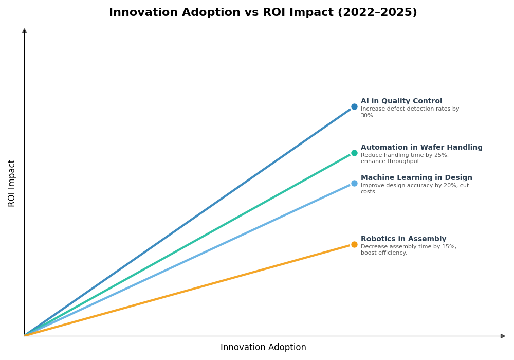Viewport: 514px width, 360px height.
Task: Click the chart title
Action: [263, 13]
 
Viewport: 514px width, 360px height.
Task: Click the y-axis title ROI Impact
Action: [12, 183]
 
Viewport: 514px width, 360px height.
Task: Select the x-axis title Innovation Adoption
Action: [263, 348]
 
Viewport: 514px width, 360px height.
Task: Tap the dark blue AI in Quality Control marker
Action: [354, 107]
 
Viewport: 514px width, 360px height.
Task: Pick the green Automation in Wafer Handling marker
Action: [354, 153]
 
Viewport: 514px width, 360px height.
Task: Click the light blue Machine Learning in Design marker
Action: [354, 183]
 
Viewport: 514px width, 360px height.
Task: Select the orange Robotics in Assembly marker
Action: [354, 244]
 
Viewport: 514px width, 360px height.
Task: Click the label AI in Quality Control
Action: [401, 101]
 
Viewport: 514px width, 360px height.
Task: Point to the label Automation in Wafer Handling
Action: [421, 148]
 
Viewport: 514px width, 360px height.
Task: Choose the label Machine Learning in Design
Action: [416, 178]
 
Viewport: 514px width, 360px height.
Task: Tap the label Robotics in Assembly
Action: [403, 239]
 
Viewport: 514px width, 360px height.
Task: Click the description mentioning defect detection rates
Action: [410, 112]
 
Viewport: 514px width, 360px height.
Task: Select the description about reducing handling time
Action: [405, 158]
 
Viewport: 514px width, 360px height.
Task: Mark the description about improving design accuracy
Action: [414, 189]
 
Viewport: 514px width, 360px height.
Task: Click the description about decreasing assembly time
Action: [408, 250]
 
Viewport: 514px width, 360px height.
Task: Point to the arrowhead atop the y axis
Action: [24, 31]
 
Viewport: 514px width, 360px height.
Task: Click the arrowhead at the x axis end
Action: [503, 336]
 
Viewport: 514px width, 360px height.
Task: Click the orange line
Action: [189, 290]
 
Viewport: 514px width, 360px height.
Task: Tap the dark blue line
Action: [189, 221]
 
